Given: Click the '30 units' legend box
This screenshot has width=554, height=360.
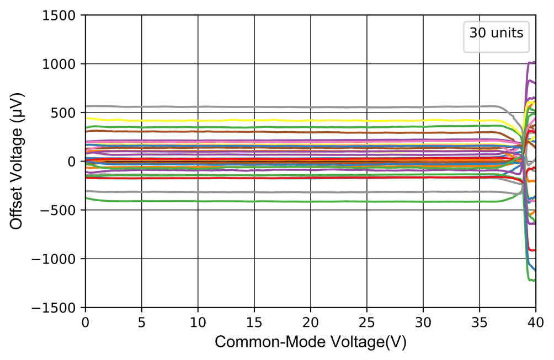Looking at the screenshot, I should (496, 33).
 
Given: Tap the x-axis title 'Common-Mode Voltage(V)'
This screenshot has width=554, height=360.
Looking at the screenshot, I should (310, 342).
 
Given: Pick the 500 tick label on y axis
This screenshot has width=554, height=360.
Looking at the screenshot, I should (66, 112).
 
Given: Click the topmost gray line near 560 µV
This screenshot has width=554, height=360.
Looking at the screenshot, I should (276, 107).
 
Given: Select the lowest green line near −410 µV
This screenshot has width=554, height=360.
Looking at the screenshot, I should (276, 201).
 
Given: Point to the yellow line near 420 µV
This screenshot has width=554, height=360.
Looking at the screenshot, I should (276, 121).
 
